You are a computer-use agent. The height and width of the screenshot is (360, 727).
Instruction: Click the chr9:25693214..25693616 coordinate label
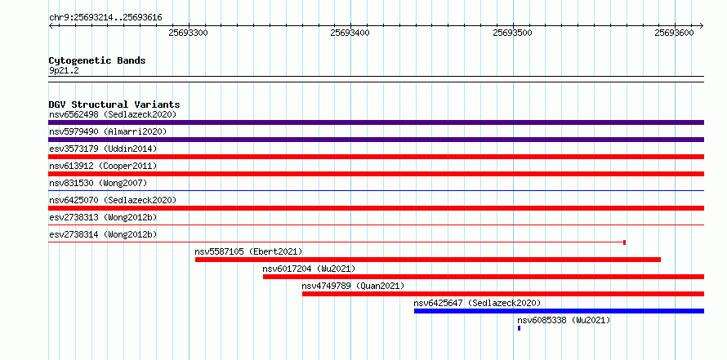(x=105, y=18)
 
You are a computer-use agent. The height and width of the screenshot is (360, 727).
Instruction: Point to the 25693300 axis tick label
(x=188, y=33)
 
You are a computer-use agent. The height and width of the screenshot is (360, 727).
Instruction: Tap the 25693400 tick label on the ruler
(x=350, y=33)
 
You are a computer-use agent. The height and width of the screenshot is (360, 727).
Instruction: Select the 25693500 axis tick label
(x=512, y=33)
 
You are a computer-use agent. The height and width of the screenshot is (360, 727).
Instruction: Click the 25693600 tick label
(x=674, y=33)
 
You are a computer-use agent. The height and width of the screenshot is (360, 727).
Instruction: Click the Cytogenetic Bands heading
(x=97, y=60)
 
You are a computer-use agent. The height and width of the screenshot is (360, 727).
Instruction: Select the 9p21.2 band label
(x=64, y=71)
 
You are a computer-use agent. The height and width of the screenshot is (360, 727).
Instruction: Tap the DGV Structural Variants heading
(x=114, y=104)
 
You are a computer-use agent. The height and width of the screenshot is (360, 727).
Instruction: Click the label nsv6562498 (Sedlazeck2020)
(x=113, y=114)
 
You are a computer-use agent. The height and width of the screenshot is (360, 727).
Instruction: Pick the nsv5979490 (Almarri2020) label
(x=108, y=131)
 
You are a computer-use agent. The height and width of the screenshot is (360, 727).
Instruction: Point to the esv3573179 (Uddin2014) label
(x=103, y=149)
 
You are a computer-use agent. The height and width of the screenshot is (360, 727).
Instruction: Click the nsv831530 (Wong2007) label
(x=98, y=183)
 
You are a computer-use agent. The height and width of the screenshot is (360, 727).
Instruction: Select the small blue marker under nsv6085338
(x=520, y=328)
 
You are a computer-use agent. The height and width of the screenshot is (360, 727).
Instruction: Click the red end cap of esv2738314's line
(x=625, y=242)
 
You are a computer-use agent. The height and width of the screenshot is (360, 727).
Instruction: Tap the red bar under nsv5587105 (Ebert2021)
(x=428, y=260)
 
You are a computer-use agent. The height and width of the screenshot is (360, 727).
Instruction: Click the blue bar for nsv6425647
(x=560, y=311)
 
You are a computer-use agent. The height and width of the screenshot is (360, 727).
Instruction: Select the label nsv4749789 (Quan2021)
(x=353, y=286)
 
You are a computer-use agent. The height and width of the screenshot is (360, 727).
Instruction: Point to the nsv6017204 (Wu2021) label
(x=309, y=269)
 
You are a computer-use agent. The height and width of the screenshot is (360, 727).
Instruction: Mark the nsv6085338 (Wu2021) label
(x=564, y=320)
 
